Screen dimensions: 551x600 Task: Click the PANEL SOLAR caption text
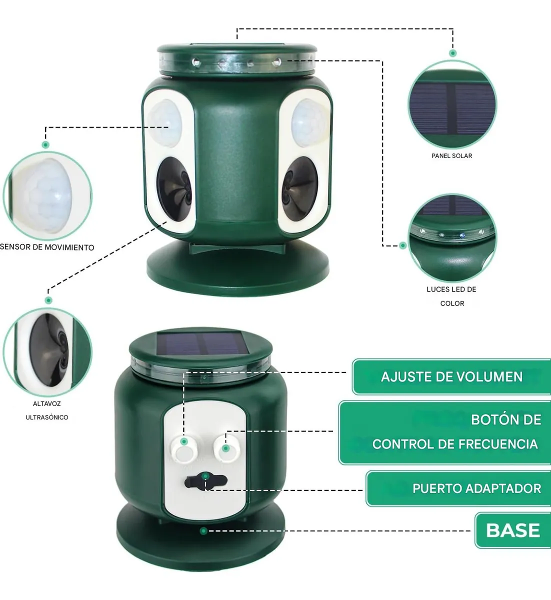[451, 156]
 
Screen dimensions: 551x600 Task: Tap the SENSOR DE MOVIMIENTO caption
[47, 247]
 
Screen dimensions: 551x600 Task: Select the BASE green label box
[512, 530]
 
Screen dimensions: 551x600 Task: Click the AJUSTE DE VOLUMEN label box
[451, 377]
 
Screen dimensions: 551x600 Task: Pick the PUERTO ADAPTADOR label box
[458, 488]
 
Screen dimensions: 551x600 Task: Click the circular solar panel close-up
[452, 104]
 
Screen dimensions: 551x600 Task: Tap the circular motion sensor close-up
[47, 196]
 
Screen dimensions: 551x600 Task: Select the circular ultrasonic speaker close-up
[47, 352]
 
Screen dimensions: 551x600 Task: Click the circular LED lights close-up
[452, 238]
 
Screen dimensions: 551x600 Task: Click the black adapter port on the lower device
[206, 481]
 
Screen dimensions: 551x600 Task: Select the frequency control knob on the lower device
[226, 448]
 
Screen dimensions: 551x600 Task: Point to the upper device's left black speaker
[174, 189]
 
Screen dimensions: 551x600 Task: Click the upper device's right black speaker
[299, 188]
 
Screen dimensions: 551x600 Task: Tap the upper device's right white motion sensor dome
[309, 123]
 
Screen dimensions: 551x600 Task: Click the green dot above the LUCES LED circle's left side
[403, 245]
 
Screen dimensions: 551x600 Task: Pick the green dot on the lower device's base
[203, 531]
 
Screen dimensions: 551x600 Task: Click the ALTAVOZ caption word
[47, 404]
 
